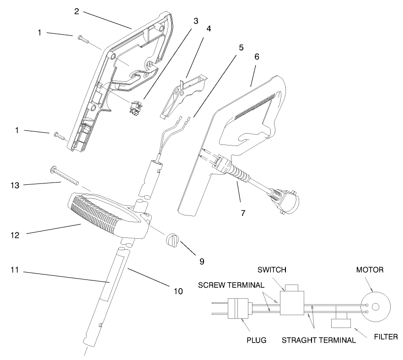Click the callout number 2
click(x=77, y=11)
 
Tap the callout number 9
click(x=201, y=262)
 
